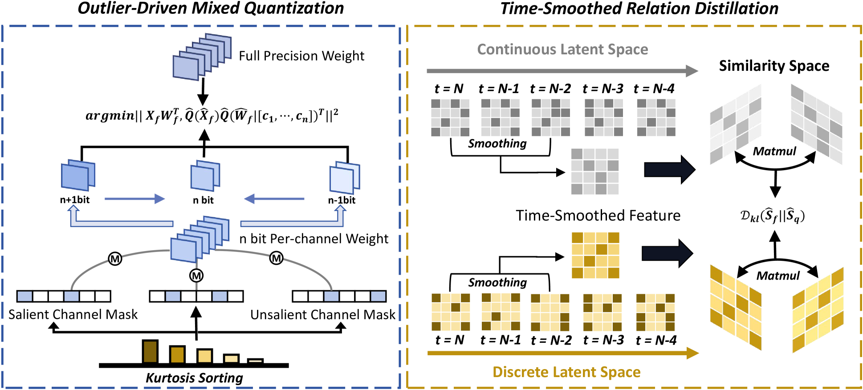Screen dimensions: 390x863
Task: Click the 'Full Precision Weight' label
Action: tap(301, 56)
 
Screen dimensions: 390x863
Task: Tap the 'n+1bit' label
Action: tap(75, 200)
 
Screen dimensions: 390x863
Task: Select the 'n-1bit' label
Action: tap(342, 200)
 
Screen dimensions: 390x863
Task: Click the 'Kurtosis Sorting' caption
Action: tap(194, 378)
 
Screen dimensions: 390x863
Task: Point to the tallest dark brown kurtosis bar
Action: tap(150, 351)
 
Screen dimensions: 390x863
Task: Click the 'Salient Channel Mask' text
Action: tap(73, 315)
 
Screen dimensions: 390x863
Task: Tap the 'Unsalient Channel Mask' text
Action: tap(322, 315)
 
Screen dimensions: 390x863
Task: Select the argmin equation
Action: tap(212, 116)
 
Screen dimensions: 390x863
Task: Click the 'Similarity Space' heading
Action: tap(774, 66)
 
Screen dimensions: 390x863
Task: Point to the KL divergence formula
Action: tap(772, 216)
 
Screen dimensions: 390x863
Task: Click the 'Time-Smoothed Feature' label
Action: tap(598, 215)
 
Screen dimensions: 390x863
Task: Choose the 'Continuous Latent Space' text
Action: tap(562, 49)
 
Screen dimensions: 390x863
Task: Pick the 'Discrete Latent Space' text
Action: tap(566, 372)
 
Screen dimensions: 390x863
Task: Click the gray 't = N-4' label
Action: tap(654, 89)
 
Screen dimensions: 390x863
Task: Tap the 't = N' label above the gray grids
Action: tap(449, 89)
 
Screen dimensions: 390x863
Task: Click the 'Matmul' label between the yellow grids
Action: tap(778, 276)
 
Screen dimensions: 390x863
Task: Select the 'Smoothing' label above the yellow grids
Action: tap(497, 282)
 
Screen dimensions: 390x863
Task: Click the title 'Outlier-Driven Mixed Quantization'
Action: tap(211, 8)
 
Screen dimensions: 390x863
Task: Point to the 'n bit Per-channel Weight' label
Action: tap(313, 239)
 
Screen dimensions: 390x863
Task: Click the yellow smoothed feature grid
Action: tap(595, 255)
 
